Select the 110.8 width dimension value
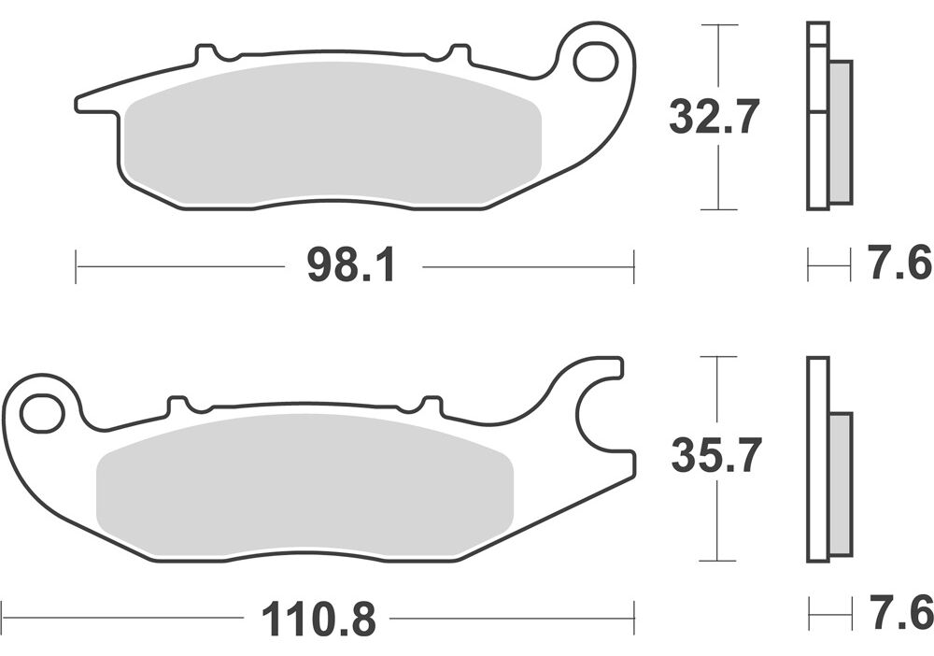tap(318, 619)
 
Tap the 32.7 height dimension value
tap(714, 117)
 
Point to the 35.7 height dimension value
tap(716, 455)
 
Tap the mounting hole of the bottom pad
tap(42, 412)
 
